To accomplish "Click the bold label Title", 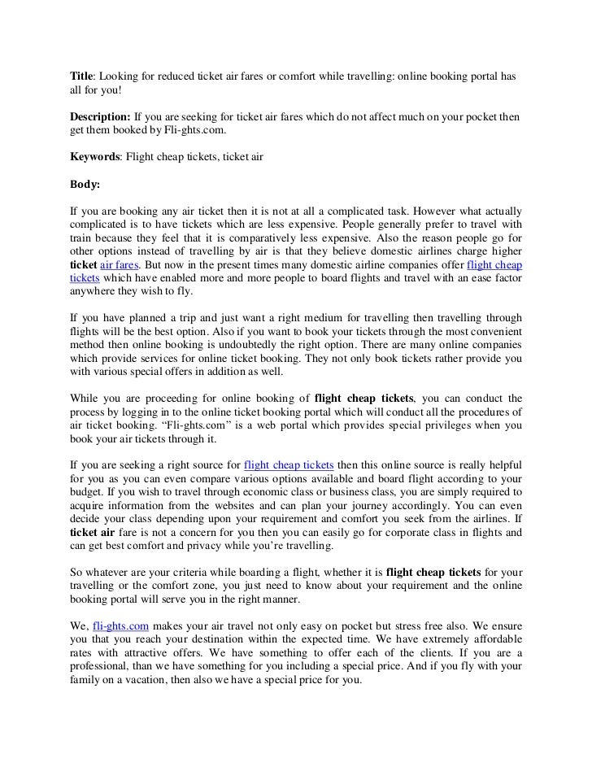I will [x=81, y=76].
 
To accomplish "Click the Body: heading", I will [x=85, y=184].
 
